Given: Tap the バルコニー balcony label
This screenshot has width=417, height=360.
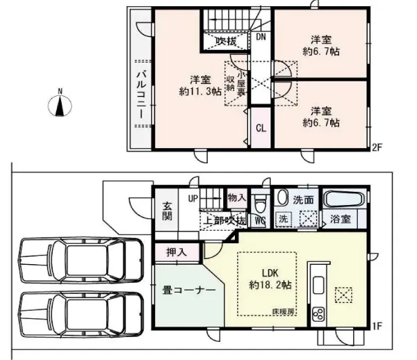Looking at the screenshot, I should coord(139,94).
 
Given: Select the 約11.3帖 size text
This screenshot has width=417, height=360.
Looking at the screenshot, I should coord(200,91).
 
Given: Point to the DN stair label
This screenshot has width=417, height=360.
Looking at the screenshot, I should coord(261,38).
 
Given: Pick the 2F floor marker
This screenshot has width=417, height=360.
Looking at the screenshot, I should coord(377,147).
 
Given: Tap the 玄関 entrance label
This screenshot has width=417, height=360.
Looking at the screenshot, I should coord(168,211).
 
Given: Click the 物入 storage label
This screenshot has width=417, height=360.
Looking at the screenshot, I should coord(236,198).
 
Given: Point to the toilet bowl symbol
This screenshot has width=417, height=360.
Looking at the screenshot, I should coord(260,203).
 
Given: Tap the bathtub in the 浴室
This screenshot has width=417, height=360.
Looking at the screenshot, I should coord(344,199).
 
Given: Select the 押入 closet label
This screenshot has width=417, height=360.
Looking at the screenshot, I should coord(177,252).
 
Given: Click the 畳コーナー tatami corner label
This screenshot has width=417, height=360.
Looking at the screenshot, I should coord(184,291).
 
